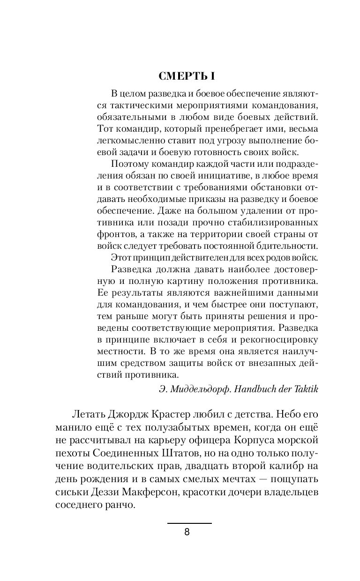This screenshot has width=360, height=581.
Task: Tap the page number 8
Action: (x=187, y=532)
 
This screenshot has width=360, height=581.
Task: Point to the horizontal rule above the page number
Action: (x=189, y=523)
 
